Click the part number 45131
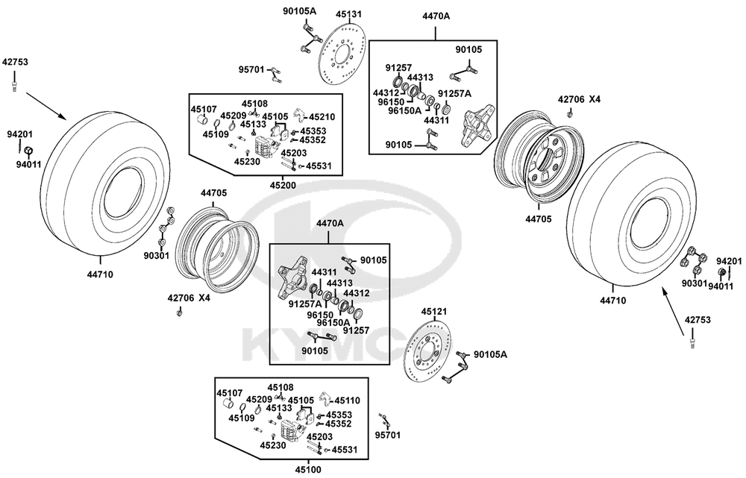pyautogui.click(x=348, y=14)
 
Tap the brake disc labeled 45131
pyautogui.click(x=341, y=54)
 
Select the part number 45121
pyautogui.click(x=434, y=312)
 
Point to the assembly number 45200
pyautogui.click(x=283, y=185)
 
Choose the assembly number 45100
pyautogui.click(x=308, y=470)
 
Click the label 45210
pyautogui.click(x=322, y=116)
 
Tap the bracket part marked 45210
pyautogui.click(x=300, y=116)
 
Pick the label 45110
pyautogui.click(x=348, y=400)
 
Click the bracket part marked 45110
pyautogui.click(x=325, y=399)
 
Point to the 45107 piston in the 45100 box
pyautogui.click(x=229, y=404)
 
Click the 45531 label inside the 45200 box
pyautogui.click(x=319, y=166)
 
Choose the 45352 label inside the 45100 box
pyautogui.click(x=339, y=424)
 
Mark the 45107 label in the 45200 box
pyautogui.click(x=204, y=109)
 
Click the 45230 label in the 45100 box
pyautogui.click(x=273, y=445)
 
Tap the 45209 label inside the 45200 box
pyautogui.click(x=233, y=116)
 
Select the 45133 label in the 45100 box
pyautogui.click(x=279, y=408)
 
